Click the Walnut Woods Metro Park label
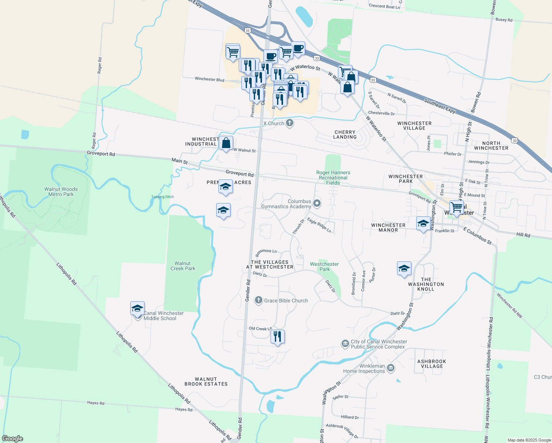pos(61,192)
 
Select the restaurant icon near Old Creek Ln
pos(277,337)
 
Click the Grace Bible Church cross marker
pos(259,300)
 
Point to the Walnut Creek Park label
pos(183,266)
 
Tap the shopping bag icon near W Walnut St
pos(226,143)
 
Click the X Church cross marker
pos(290,123)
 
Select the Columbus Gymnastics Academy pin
pos(317,203)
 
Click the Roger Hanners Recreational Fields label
pos(333,178)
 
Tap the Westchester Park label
pos(324,267)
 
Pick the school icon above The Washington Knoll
pos(404,268)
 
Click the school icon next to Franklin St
pos(423,223)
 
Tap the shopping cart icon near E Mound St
pos(456,207)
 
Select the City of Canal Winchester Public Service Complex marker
pos(345,344)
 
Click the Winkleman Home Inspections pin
pos(391,368)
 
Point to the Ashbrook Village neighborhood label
pos(432,364)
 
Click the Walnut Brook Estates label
pos(206,381)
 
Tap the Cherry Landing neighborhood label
pos(345,134)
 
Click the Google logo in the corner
pos(13,439)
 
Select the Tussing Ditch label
pos(162,197)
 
